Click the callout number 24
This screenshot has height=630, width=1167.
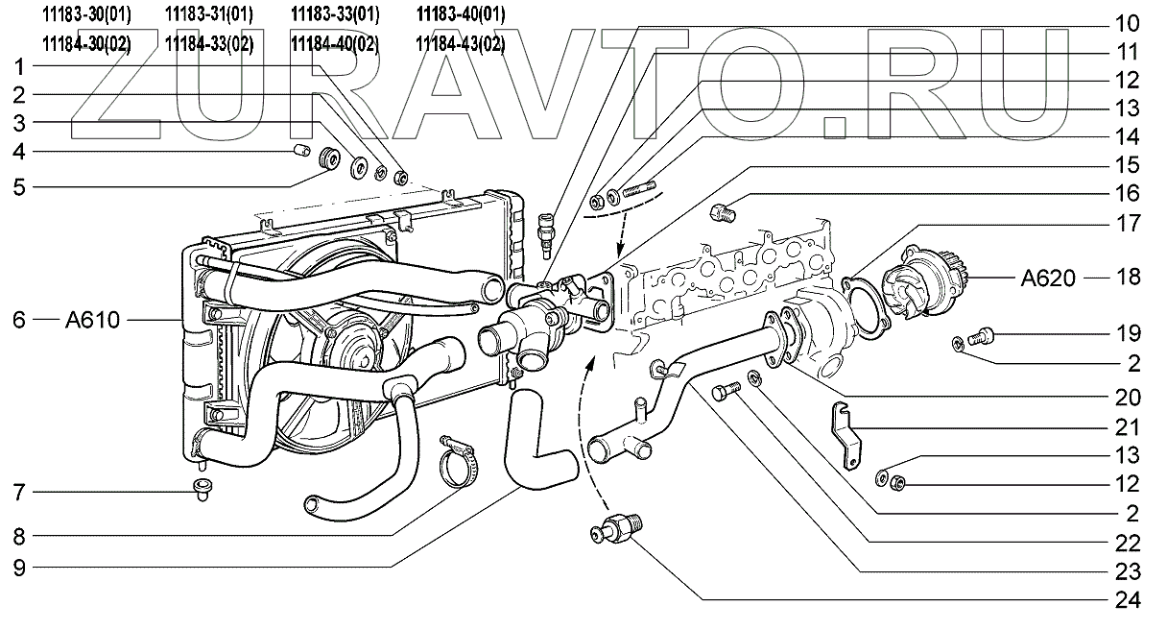1129,602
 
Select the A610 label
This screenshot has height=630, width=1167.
93,320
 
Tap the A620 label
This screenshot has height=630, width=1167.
1047,279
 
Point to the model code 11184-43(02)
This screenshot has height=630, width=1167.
461,43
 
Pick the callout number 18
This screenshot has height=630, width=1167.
1129,279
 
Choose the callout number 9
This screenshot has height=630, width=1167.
18,567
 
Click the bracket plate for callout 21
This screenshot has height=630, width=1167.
845,433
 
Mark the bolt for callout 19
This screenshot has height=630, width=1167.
984,335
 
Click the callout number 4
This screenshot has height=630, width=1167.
18,151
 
